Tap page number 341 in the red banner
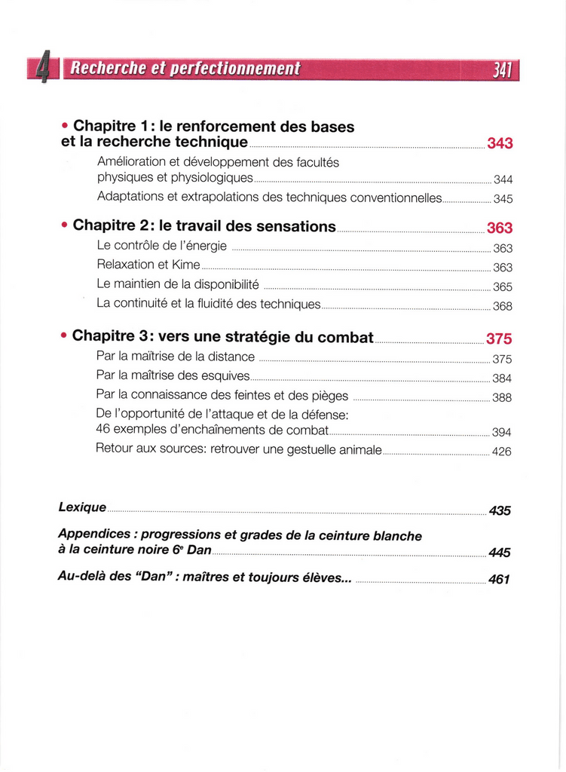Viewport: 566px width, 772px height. (x=503, y=70)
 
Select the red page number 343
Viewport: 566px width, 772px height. (x=500, y=143)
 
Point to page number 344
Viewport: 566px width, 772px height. (x=503, y=179)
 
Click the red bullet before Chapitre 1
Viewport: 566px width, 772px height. (x=65, y=126)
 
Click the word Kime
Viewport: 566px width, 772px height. (x=186, y=265)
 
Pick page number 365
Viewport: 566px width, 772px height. (x=503, y=286)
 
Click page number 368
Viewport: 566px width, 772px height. (x=503, y=306)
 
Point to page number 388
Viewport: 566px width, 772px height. (x=502, y=397)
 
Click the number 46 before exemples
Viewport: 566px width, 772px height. (x=104, y=431)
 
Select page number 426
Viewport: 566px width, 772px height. (x=502, y=452)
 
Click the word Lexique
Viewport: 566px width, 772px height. (x=82, y=508)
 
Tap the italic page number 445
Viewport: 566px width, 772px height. (x=500, y=553)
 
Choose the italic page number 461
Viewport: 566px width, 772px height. (x=500, y=580)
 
